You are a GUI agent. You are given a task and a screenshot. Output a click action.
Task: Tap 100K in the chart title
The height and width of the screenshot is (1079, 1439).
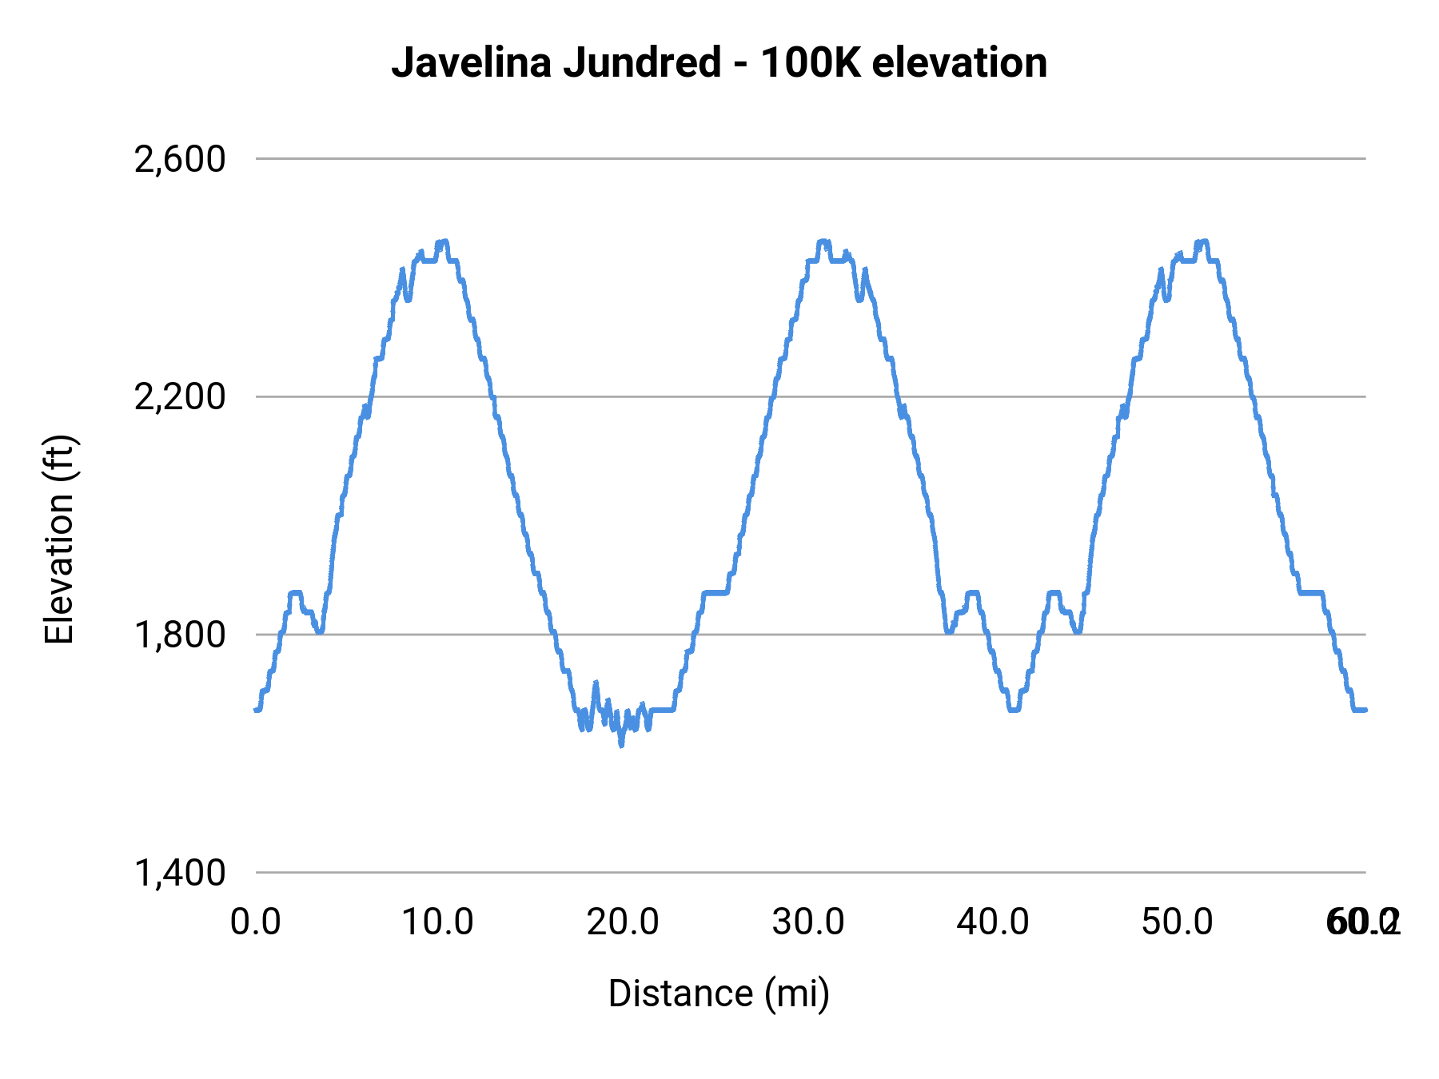(811, 62)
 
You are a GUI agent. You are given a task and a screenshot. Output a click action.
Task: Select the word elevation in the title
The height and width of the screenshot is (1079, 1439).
(959, 62)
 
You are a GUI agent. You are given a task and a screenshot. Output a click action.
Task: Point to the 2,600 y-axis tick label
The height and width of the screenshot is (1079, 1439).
(180, 159)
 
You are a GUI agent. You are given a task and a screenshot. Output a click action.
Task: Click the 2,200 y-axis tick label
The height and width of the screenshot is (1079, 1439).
(180, 397)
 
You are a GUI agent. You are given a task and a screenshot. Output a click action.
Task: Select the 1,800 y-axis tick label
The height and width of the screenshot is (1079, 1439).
(180, 635)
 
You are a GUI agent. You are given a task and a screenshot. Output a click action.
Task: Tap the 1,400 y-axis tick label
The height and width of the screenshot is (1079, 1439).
(180, 873)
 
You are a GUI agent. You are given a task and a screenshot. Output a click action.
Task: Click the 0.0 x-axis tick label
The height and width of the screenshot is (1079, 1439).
(256, 922)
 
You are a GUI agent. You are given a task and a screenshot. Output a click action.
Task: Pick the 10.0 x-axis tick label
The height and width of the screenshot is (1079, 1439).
(437, 922)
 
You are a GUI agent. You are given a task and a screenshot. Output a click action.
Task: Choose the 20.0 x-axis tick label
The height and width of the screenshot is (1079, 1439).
(623, 922)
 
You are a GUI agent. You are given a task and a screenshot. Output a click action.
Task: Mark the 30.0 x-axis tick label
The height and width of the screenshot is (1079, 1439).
(808, 922)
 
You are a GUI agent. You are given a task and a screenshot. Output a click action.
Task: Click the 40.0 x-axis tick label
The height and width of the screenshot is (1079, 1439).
(993, 922)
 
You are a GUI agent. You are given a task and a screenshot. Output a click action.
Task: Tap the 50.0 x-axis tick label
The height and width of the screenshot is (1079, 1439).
(1178, 922)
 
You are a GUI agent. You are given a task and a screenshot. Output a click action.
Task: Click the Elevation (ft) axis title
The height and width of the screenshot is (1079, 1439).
(59, 539)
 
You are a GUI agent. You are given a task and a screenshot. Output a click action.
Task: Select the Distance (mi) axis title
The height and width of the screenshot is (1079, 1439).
(719, 993)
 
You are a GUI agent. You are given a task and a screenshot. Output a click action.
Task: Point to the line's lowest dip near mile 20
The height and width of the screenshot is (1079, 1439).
(621, 744)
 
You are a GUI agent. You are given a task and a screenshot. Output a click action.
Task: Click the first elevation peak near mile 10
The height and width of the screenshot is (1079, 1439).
(442, 241)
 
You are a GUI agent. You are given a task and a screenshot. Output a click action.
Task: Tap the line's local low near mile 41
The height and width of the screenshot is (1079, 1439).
(1014, 709)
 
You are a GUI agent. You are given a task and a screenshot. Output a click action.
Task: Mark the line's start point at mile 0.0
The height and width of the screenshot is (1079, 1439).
(257, 709)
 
